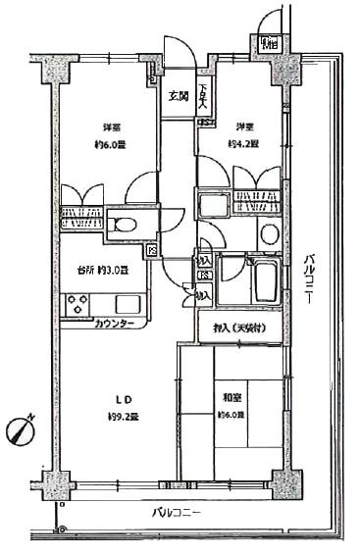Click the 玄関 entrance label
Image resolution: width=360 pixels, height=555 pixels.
(x=178, y=96)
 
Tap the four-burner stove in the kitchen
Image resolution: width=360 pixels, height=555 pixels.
(x=77, y=305)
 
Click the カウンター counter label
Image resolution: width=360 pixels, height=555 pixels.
(x=115, y=324)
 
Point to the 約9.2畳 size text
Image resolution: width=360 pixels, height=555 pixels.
(x=125, y=416)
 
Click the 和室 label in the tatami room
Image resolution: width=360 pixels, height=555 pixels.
(x=231, y=398)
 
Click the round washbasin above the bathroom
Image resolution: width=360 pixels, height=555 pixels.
(x=270, y=232)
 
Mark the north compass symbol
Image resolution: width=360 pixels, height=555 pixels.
(x=22, y=429)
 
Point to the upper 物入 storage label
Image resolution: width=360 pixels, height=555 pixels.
(x=203, y=262)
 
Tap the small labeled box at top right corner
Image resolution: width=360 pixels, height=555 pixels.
(x=268, y=43)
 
